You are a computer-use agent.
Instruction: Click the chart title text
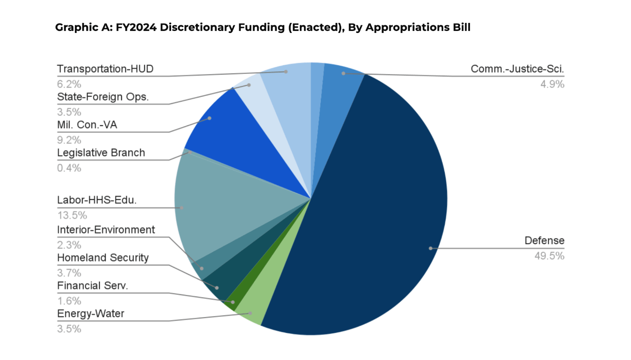263,28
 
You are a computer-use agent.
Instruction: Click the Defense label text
544,241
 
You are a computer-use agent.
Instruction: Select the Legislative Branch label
101,153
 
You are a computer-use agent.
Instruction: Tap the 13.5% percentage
69,216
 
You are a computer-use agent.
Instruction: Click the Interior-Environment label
106,230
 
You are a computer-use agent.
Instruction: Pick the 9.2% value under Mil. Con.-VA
69,140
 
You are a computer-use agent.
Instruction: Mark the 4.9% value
552,84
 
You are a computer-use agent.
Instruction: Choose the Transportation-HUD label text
105,69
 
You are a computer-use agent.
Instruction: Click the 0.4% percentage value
69,168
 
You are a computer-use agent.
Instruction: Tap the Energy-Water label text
91,314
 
